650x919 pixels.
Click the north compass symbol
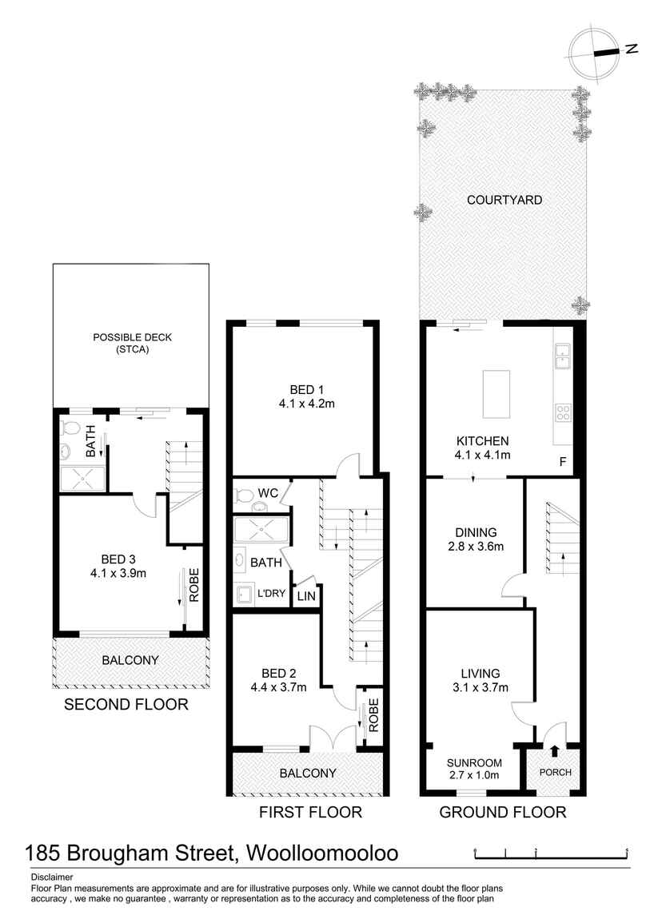pyautogui.click(x=595, y=54)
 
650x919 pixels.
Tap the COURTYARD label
pyautogui.click(x=504, y=200)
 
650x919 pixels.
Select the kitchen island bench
pyautogui.click(x=496, y=394)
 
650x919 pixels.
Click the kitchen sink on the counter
pyautogui.click(x=562, y=356)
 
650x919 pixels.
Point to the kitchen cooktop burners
pyautogui.click(x=562, y=412)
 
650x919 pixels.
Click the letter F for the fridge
pyautogui.click(x=563, y=463)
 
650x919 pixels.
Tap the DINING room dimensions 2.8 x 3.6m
pyautogui.click(x=476, y=547)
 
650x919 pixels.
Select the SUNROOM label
pyautogui.click(x=474, y=762)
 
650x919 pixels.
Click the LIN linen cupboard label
pyautogui.click(x=306, y=597)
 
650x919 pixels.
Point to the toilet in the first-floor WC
pyautogui.click(x=243, y=495)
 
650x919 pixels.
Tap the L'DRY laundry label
pyautogui.click(x=271, y=593)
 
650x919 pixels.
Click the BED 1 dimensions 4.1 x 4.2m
pyautogui.click(x=306, y=404)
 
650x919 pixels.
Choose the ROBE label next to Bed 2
pyautogui.click(x=373, y=715)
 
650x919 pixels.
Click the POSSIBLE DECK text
pyautogui.click(x=133, y=337)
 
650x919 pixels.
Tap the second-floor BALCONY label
pyautogui.click(x=130, y=661)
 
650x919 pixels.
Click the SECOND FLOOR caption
pyautogui.click(x=126, y=705)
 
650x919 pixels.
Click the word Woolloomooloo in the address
pyautogui.click(x=322, y=853)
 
